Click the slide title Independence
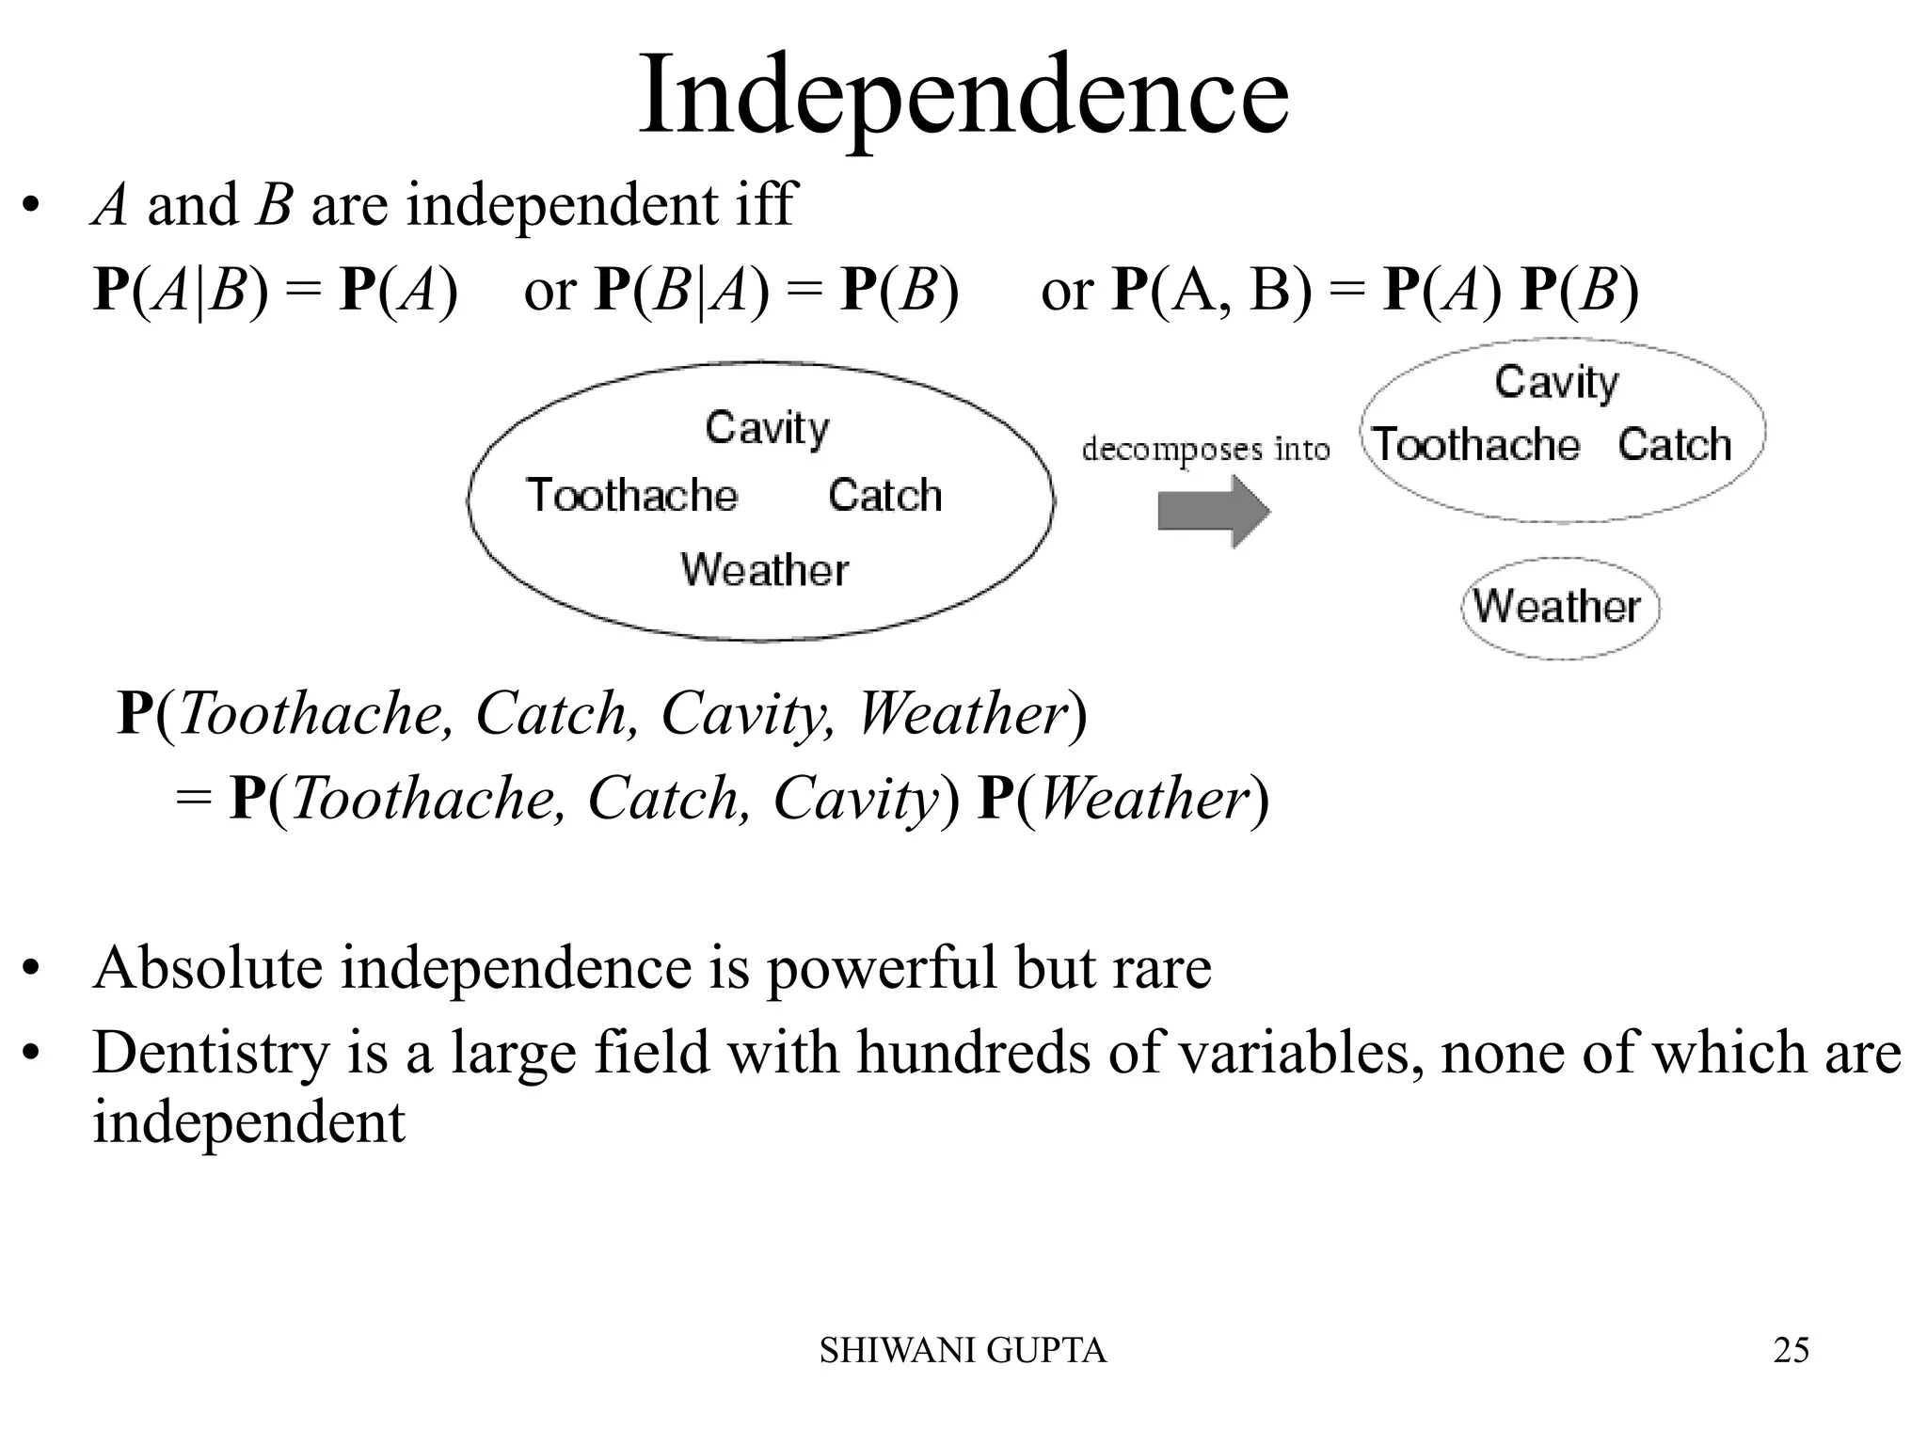coord(963,98)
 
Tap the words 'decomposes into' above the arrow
coord(1205,450)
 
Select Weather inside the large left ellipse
coord(764,570)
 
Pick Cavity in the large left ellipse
coord(767,428)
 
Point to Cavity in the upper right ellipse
coord(1556,383)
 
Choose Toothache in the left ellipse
coord(632,496)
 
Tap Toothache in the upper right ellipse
coord(1476,444)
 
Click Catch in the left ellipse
coord(884,496)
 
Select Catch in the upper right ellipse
coord(1675,444)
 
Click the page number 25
coord(1791,1350)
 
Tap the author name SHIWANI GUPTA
coord(963,1351)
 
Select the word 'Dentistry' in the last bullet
coord(211,1052)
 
